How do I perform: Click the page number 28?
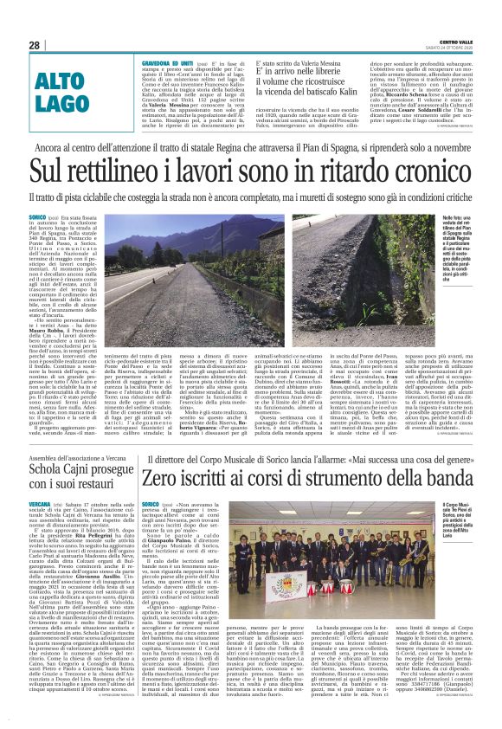click(x=34, y=45)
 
